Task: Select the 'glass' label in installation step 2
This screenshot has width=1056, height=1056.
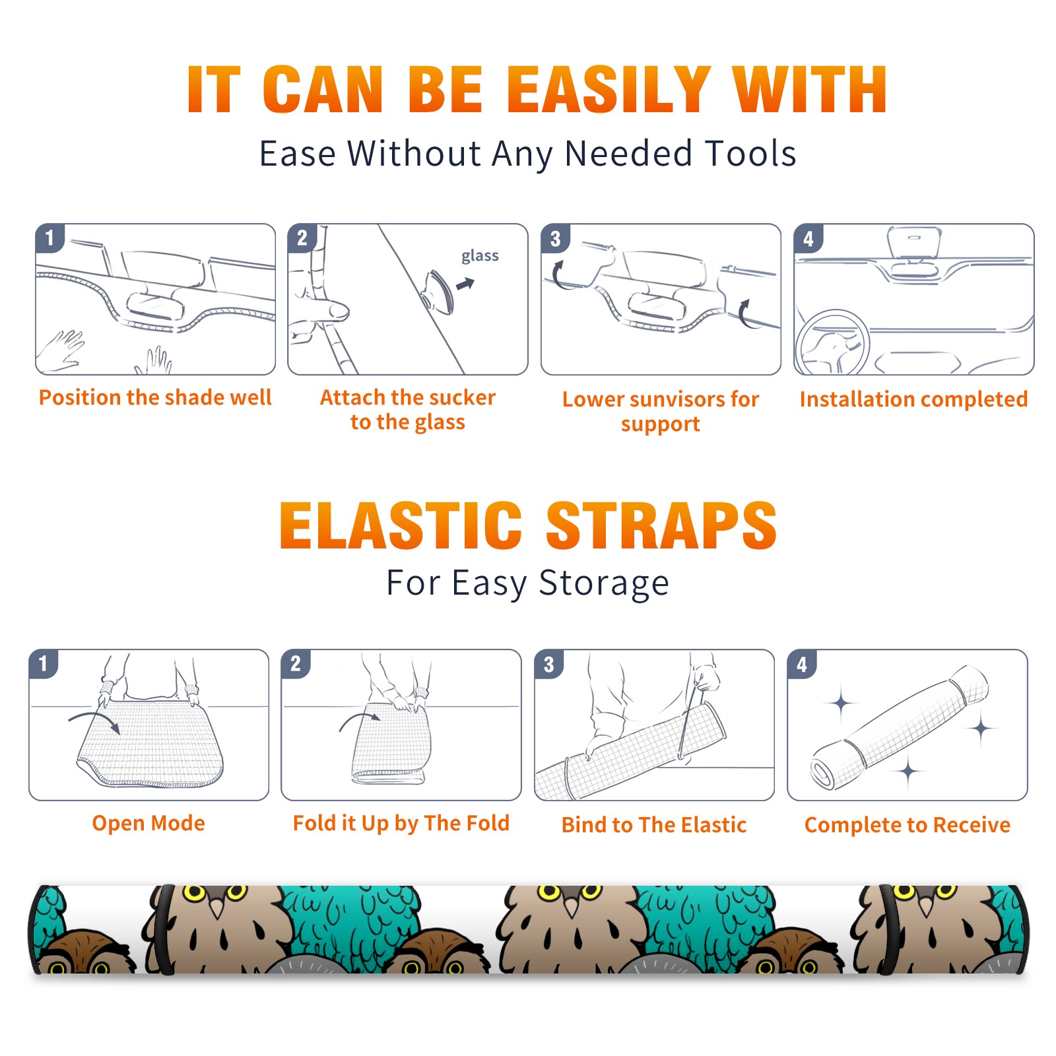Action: coord(480,256)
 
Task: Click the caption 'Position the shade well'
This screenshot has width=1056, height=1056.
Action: coord(155,397)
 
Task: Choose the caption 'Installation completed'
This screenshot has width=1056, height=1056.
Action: coord(913,399)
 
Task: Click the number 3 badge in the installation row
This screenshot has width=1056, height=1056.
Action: coord(555,238)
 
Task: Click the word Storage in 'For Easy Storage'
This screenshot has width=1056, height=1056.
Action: coord(604,583)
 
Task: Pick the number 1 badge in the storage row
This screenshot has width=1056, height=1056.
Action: coord(44,664)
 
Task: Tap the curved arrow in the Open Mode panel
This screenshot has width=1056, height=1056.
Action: coord(94,721)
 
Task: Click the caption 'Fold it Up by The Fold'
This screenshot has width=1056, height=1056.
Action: coord(401,823)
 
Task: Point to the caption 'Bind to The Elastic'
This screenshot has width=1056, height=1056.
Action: coord(654,825)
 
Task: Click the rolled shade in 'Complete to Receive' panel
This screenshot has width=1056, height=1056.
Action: coord(900,728)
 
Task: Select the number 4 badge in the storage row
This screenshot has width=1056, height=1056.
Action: coord(802,664)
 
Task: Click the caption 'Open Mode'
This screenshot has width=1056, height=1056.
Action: coord(148,823)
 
